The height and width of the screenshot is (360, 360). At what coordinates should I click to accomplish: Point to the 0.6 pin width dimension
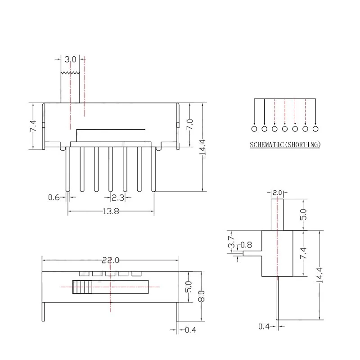point(54,197)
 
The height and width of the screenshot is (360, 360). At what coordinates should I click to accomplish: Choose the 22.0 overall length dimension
point(110,260)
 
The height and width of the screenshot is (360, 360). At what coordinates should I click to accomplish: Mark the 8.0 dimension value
point(202,296)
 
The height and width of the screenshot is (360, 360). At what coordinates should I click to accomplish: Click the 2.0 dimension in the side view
point(277,193)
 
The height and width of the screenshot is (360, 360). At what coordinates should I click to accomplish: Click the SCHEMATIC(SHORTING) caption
point(285,145)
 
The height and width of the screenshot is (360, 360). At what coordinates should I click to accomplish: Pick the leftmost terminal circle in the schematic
point(254,129)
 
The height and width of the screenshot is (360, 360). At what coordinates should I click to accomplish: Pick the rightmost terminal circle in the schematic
point(315,129)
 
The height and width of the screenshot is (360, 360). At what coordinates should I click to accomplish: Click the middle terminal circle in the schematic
point(284,129)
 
